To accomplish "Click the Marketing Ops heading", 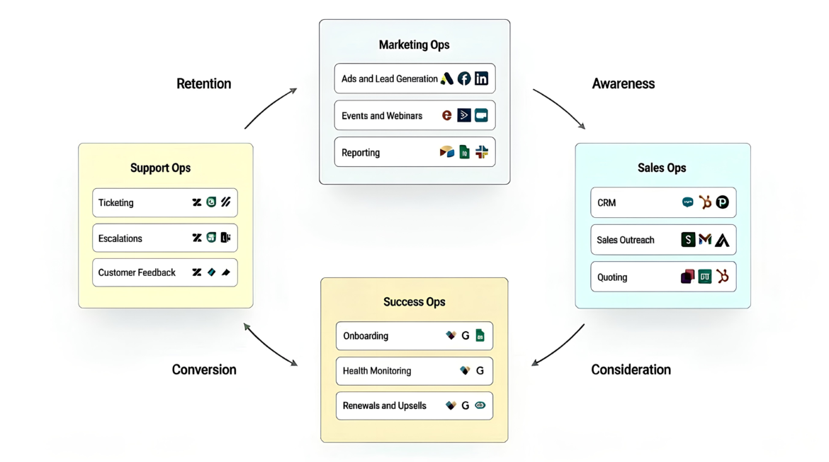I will [414, 45].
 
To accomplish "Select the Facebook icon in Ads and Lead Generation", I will [464, 79].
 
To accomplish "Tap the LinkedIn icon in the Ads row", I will [481, 79].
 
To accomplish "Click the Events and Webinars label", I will [381, 116].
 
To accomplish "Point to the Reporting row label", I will [360, 153].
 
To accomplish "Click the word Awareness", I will [623, 83].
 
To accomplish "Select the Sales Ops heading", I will [661, 168].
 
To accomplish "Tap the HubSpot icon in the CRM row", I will [705, 202].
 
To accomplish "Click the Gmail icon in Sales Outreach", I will [705, 240].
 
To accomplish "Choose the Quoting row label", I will [611, 277].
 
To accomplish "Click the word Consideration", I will [631, 369].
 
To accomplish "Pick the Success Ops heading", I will [414, 302].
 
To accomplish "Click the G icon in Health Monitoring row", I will [480, 371].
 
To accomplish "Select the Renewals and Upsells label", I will [384, 406].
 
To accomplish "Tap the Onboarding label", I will [365, 336].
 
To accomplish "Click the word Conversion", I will [204, 369].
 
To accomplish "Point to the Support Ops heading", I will [160, 168].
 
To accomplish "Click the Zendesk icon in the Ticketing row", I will [197, 202].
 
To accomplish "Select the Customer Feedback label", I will [137, 272].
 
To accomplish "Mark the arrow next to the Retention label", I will [270, 108].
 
